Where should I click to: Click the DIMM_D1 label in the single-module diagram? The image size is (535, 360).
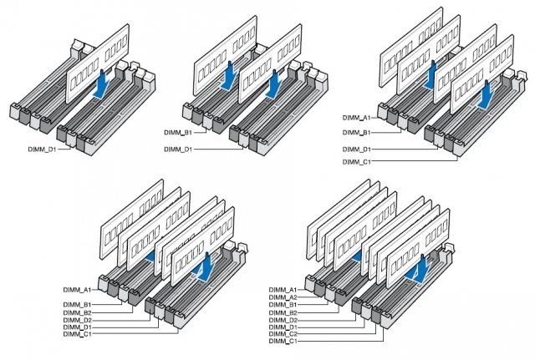[41, 149]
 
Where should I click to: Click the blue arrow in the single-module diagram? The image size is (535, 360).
[101, 84]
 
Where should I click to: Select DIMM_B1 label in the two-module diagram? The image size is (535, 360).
[177, 132]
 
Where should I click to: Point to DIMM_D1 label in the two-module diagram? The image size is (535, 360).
[177, 149]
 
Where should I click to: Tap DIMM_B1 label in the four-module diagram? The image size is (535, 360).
[356, 132]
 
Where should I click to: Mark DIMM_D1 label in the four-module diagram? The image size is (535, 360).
[356, 149]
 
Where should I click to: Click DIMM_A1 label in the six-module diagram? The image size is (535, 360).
[77, 289]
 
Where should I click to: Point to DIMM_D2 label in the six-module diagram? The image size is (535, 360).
[77, 319]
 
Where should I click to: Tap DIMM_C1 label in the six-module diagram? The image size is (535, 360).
[77, 335]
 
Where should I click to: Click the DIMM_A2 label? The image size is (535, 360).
[283, 297]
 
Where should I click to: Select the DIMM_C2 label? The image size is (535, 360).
[283, 334]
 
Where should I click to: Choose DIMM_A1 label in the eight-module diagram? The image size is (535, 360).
[283, 289]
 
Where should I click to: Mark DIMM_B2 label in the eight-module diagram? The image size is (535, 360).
[283, 312]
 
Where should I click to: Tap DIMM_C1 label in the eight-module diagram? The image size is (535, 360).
[283, 342]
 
